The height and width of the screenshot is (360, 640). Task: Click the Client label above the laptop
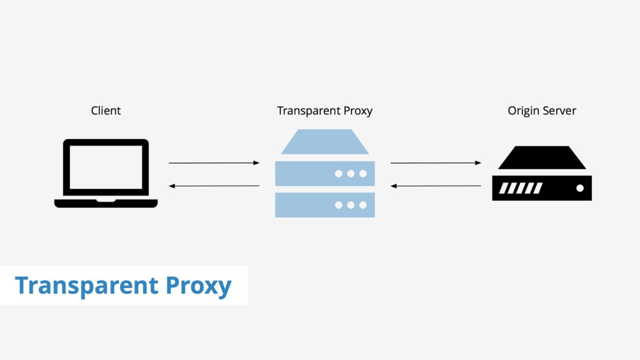click(106, 111)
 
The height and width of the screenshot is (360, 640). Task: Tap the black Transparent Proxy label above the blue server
click(324, 111)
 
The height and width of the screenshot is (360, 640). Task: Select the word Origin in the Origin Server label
click(523, 111)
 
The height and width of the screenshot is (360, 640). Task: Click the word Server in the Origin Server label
click(559, 111)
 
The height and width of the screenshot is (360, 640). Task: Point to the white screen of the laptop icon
click(106, 166)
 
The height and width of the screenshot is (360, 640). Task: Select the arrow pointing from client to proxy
click(214, 163)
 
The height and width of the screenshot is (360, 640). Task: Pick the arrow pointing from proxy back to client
click(214, 186)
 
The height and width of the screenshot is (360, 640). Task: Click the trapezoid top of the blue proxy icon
click(325, 142)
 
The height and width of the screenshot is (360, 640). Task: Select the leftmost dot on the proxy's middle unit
click(338, 174)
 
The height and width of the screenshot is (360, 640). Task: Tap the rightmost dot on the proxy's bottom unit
click(363, 205)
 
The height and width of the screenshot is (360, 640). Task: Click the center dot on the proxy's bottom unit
click(350, 205)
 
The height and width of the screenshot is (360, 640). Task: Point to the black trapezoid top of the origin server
click(542, 158)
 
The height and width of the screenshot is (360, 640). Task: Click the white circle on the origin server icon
click(580, 188)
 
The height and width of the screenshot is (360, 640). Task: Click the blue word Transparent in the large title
click(87, 286)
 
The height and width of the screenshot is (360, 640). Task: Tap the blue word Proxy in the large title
click(198, 286)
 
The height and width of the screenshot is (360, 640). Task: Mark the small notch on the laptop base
click(106, 201)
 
